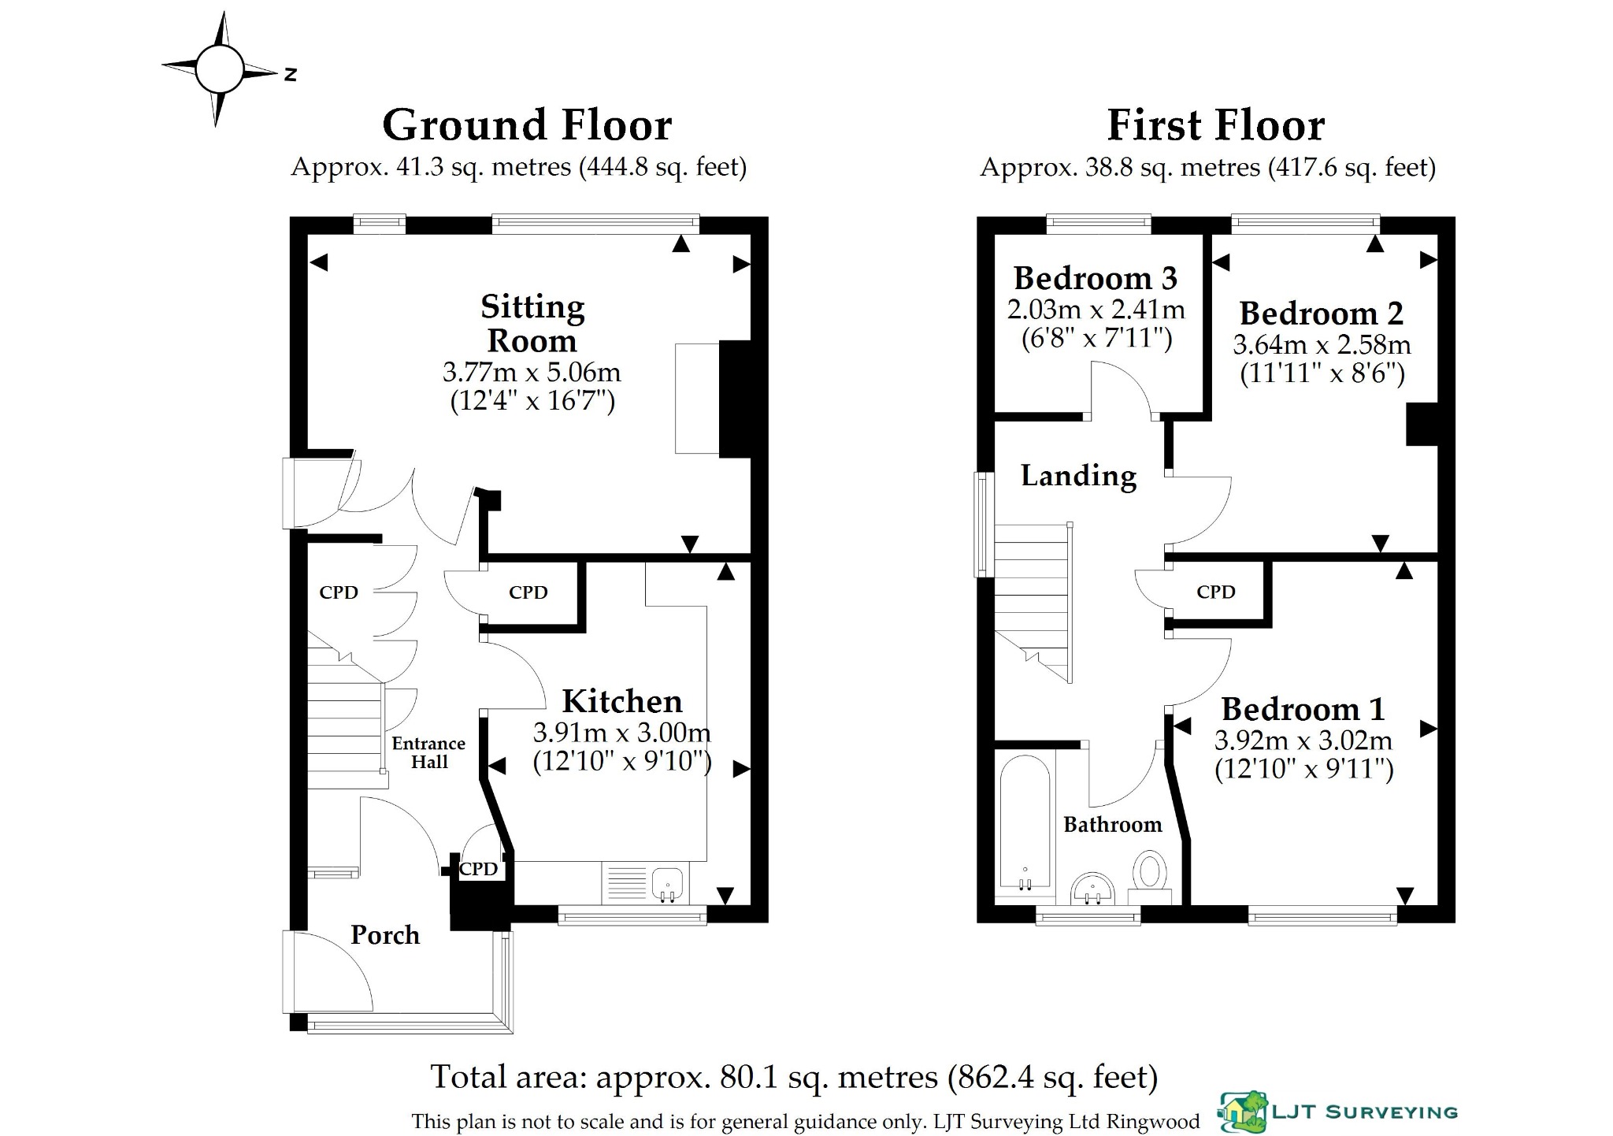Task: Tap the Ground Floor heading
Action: tap(527, 125)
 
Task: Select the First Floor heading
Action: tap(1216, 125)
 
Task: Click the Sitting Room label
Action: tap(533, 323)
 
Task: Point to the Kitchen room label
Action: tap(622, 701)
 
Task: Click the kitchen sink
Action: tap(669, 883)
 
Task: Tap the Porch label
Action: tap(385, 935)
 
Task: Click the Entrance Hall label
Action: tap(428, 752)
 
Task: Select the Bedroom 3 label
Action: tap(1096, 278)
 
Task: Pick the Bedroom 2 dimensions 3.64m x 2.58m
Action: tap(1322, 345)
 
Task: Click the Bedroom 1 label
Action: tap(1303, 709)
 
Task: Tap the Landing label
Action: tap(1079, 476)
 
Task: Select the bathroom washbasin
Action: tap(1092, 888)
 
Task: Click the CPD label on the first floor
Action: tap(1216, 592)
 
